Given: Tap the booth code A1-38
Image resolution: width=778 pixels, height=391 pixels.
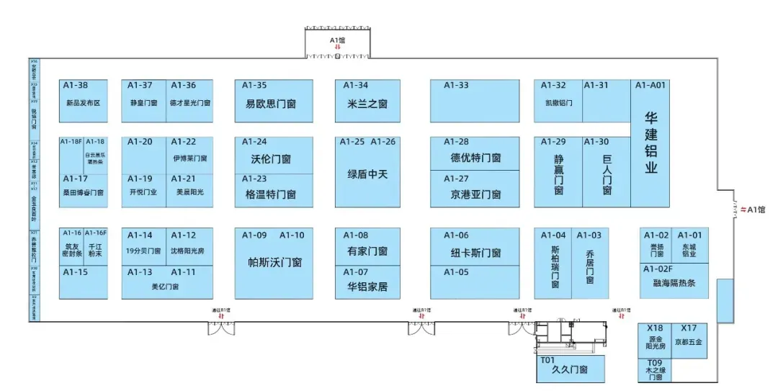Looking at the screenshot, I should (76, 85).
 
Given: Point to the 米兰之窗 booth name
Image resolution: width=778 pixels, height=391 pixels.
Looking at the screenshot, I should (367, 104).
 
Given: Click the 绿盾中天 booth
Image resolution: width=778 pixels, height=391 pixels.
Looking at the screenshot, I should (367, 174).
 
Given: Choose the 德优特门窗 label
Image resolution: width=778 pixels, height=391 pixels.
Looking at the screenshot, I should (475, 158).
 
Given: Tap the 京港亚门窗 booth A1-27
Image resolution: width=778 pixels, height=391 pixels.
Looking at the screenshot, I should (475, 189).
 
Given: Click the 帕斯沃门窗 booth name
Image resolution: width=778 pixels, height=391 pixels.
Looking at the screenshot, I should (274, 262).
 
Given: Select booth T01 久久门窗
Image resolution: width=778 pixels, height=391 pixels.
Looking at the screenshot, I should (570, 369).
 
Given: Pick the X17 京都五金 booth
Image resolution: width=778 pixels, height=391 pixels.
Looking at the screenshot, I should (689, 339).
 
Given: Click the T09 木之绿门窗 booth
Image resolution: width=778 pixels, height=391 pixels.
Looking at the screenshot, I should (654, 370).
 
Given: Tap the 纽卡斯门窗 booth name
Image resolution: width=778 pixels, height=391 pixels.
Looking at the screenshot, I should (475, 253).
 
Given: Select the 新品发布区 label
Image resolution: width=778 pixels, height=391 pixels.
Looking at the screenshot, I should (83, 103).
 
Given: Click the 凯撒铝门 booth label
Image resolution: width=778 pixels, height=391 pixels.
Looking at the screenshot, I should (558, 103).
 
